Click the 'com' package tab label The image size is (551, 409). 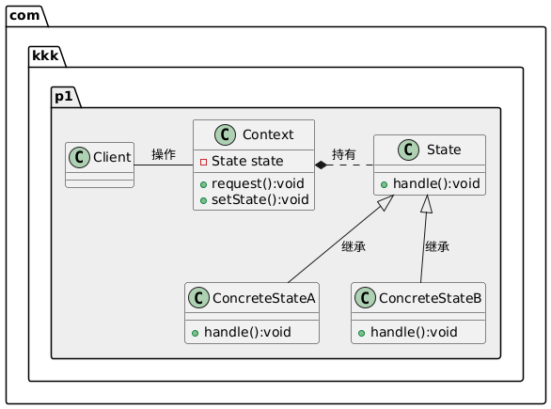[24, 15]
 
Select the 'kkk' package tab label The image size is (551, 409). [45, 55]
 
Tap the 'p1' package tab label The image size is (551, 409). [64, 96]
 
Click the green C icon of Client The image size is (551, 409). [79, 157]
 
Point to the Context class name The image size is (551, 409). [268, 134]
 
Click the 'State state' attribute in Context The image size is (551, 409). [247, 161]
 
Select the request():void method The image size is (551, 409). [258, 183]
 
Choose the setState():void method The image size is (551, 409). [260, 199]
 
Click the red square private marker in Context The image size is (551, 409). [203, 162]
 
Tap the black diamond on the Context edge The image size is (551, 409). [321, 165]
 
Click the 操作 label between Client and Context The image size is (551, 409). [164, 154]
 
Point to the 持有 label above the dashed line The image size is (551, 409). [344, 154]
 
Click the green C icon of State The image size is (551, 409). [408, 149]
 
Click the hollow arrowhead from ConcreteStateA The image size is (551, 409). [386, 203]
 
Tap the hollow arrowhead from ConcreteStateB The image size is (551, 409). [427, 204]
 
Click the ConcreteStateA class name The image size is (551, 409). [263, 298]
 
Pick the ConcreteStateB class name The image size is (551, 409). [430, 298]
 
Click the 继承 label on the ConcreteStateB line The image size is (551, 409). [437, 246]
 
